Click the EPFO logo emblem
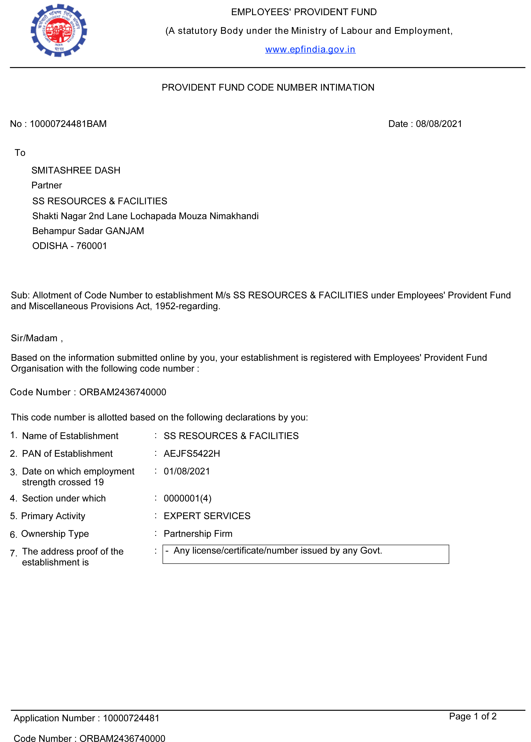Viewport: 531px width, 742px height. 59,30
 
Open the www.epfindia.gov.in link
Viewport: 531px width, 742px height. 310,49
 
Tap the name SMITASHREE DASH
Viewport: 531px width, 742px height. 76,170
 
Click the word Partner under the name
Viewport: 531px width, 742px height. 47,185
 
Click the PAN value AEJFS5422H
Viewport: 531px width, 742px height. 192,454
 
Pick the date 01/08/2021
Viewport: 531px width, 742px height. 187,471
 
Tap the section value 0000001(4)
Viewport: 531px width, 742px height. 187,498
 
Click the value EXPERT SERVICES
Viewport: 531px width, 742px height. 207,516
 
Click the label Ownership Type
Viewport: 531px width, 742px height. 55,534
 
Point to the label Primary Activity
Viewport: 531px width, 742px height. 53,516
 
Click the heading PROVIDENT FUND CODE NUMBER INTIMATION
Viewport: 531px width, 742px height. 268,88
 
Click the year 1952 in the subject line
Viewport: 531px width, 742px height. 165,306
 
